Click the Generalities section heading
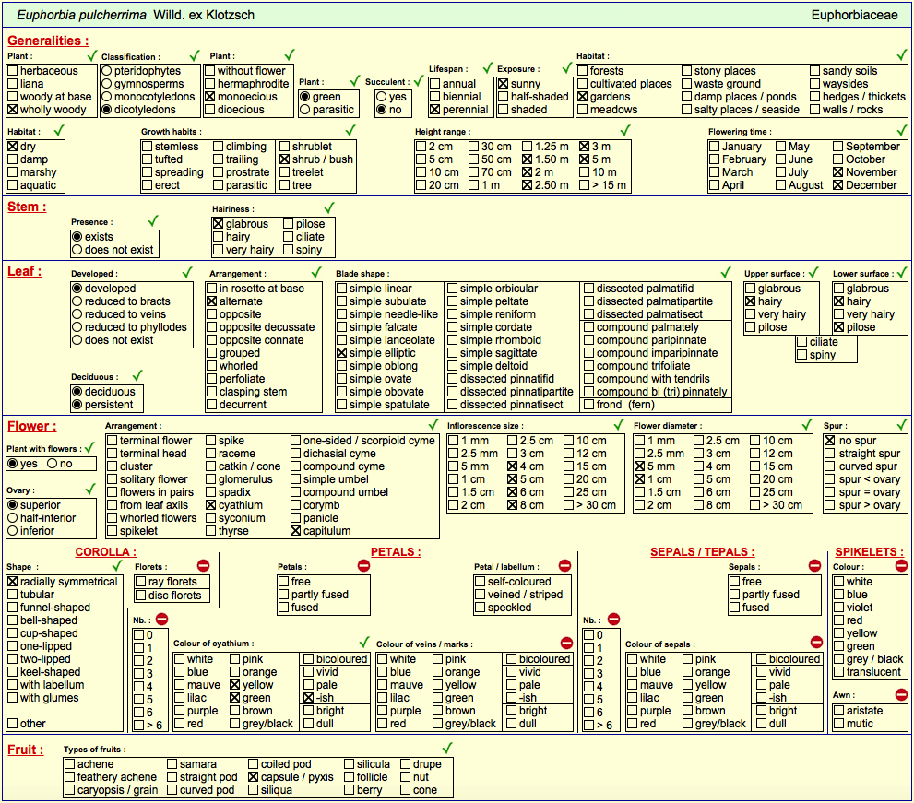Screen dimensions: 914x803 coord(48,41)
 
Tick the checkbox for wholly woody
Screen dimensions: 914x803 coord(12,110)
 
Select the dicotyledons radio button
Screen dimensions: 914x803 coord(107,110)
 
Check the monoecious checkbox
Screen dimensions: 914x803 coord(210,97)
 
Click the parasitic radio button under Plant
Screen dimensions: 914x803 coord(305,110)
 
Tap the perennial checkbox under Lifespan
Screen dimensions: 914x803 coord(434,110)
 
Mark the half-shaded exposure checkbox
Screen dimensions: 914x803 coord(504,97)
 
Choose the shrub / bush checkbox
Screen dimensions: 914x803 coord(284,159)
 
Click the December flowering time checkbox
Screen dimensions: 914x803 coord(838,185)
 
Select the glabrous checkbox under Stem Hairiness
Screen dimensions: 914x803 coord(218,224)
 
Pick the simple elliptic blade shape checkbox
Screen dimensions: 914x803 coord(341,353)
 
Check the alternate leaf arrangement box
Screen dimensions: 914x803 coord(211,301)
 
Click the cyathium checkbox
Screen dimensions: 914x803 coord(211,505)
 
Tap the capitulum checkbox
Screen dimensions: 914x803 coord(295,531)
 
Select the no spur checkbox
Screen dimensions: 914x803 coord(830,441)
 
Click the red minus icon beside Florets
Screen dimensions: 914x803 coord(203,565)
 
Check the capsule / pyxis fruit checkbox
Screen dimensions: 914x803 coord(253,777)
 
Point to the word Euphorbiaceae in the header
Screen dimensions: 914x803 coord(854,15)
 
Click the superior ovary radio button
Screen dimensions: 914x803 coord(12,505)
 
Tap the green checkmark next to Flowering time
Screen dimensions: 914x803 coord(902,131)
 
